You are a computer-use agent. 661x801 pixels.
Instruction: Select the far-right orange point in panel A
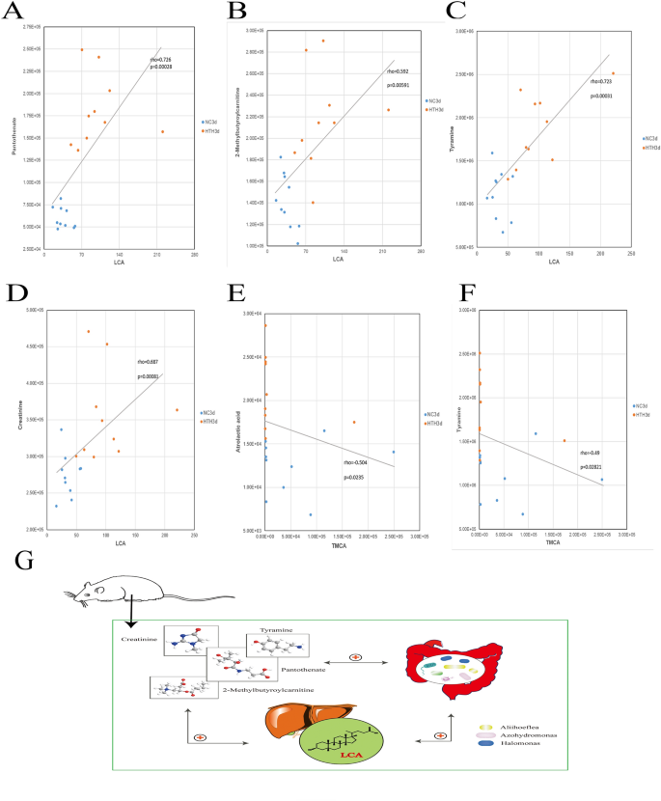162,131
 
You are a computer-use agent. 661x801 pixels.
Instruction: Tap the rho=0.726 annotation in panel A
160,60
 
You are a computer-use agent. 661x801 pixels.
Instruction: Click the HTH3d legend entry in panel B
434,110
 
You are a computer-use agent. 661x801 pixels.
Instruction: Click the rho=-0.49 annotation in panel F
585,452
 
